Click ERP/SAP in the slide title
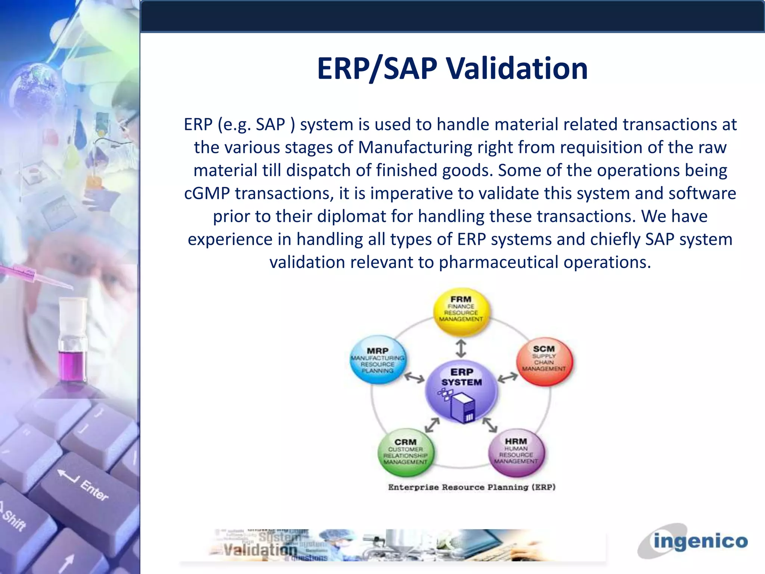377,69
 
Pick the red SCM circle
544,361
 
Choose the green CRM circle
406,452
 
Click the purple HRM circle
516,452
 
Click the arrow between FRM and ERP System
461,348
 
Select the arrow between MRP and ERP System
415,378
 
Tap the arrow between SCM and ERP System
508,378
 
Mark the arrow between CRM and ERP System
432,425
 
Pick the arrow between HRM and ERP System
490,425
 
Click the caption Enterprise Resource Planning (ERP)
472,487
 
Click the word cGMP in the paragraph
207,194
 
